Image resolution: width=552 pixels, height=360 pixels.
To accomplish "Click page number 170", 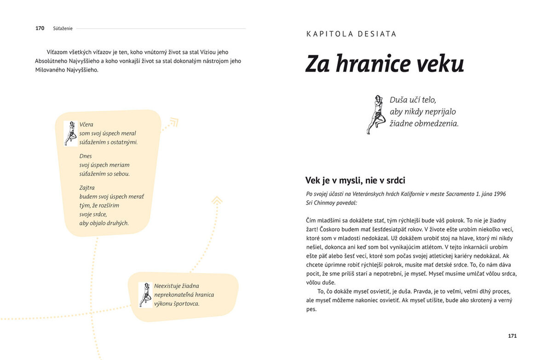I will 40,28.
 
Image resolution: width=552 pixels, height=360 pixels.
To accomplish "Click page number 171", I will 512,336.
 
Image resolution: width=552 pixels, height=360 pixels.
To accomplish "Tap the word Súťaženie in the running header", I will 63,29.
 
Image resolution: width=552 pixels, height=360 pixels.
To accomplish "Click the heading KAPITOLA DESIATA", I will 351,34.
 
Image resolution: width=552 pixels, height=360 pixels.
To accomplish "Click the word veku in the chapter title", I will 440,64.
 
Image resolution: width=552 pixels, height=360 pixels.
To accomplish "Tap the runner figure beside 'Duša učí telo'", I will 376,115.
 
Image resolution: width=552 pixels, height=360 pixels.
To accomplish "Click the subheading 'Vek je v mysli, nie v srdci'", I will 355,180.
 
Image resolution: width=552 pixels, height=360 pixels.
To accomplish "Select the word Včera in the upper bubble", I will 86,124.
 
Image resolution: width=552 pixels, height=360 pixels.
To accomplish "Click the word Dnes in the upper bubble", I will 86,156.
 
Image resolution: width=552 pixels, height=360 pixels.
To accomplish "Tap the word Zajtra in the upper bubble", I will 87,187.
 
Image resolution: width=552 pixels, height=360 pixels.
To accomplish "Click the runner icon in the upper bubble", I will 71,133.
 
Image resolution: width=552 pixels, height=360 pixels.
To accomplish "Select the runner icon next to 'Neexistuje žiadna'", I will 145,295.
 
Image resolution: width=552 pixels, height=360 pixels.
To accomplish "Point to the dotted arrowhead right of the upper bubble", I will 173,122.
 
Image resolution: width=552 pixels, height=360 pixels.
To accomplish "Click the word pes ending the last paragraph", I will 311,309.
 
